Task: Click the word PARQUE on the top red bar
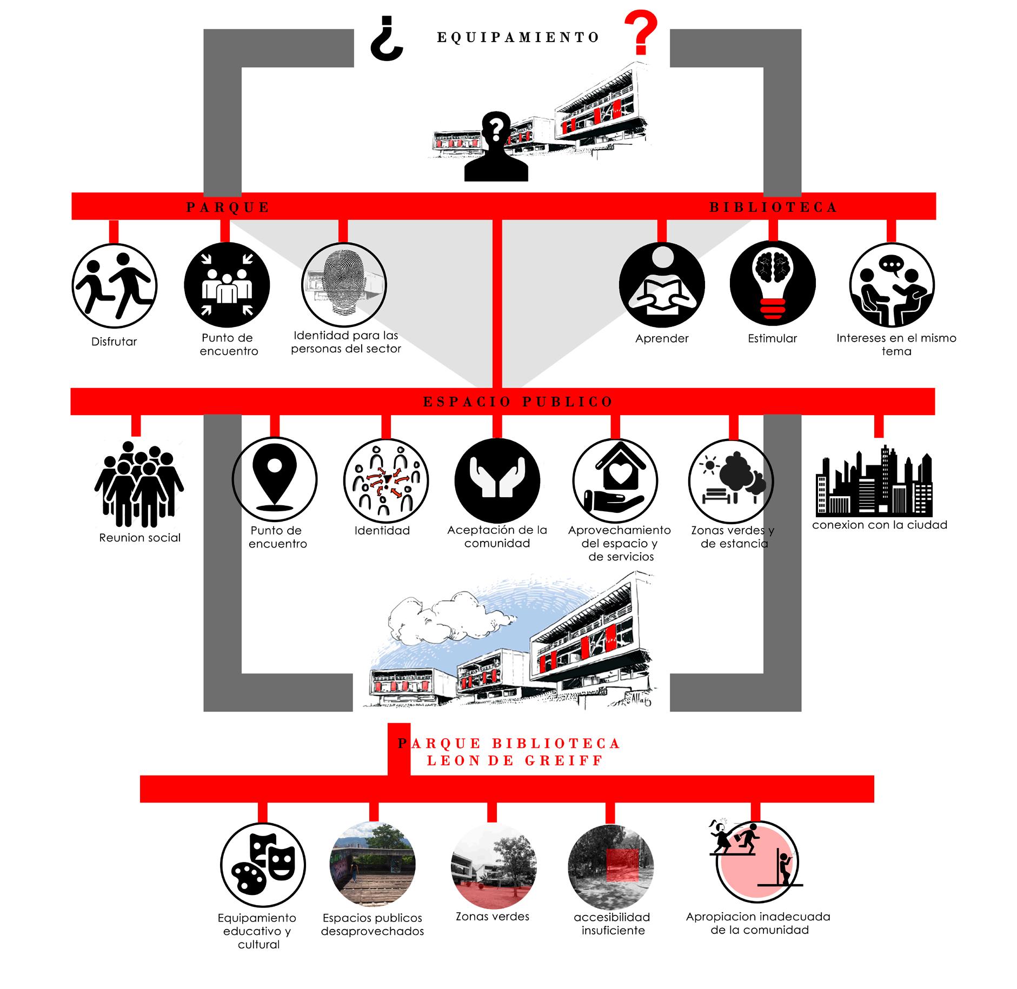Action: (x=228, y=208)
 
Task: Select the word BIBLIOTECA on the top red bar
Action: (x=773, y=207)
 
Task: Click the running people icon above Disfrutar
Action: (x=114, y=285)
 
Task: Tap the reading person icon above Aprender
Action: (x=662, y=285)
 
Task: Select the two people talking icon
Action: (x=892, y=285)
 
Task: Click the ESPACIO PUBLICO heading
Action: (x=518, y=402)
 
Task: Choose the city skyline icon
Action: (x=874, y=481)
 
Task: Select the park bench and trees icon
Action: (x=731, y=480)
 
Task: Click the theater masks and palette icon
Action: (x=263, y=865)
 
